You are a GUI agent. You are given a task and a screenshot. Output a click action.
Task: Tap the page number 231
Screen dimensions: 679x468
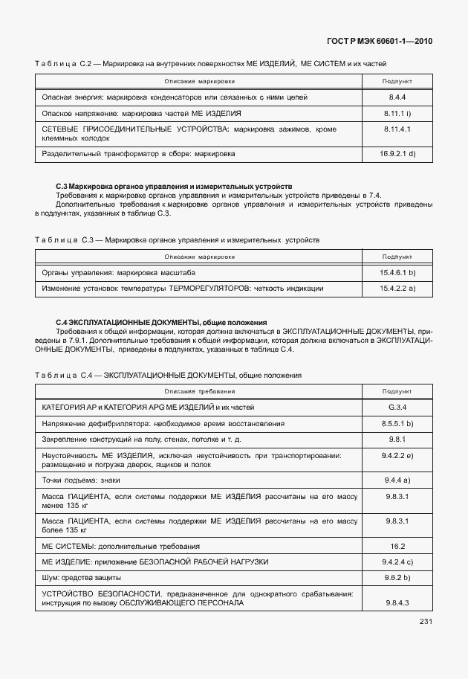point(426,622)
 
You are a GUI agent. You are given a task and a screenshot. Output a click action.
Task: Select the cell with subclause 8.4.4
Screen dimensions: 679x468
point(397,97)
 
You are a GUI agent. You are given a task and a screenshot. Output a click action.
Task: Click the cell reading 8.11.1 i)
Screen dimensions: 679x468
point(397,113)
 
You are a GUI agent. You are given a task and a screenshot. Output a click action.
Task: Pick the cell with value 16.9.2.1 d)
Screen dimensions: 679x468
point(397,154)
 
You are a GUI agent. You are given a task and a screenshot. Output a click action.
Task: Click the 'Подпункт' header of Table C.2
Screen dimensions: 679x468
point(397,80)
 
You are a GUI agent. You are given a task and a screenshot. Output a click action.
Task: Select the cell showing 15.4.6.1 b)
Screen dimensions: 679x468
point(397,273)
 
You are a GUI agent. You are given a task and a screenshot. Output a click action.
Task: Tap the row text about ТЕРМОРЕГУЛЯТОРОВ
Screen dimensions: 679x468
point(182,288)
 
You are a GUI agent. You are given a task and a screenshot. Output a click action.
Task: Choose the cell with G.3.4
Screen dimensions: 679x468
point(397,408)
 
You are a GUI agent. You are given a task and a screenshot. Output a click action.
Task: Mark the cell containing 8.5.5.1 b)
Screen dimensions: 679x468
point(397,423)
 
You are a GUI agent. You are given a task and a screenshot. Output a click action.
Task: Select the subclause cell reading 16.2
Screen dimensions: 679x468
point(397,545)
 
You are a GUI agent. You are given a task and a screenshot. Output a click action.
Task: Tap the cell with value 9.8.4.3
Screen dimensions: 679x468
point(397,602)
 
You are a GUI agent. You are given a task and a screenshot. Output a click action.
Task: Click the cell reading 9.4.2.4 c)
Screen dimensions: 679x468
point(397,561)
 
